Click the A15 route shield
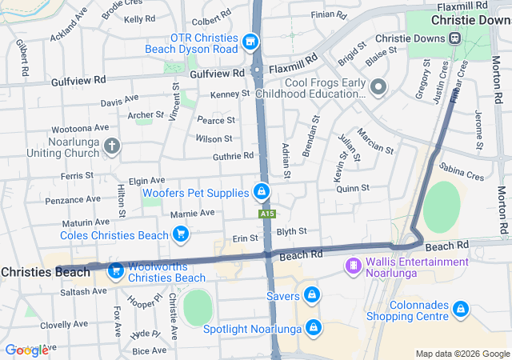coord(267,214)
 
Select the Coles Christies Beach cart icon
coord(181,234)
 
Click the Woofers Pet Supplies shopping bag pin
coord(261,192)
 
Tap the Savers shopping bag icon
coord(312,295)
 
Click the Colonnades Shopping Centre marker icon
coord(460,308)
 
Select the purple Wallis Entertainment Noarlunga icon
coord(352,265)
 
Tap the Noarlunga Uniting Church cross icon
coord(112,146)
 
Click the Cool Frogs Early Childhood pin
coord(378,86)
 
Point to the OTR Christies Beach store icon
coord(250,40)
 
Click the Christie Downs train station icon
coord(454,37)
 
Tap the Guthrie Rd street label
coord(233,156)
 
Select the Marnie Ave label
coord(192,214)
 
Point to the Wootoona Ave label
coord(79,128)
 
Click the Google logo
coord(26,350)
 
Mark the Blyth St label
coord(291,231)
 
